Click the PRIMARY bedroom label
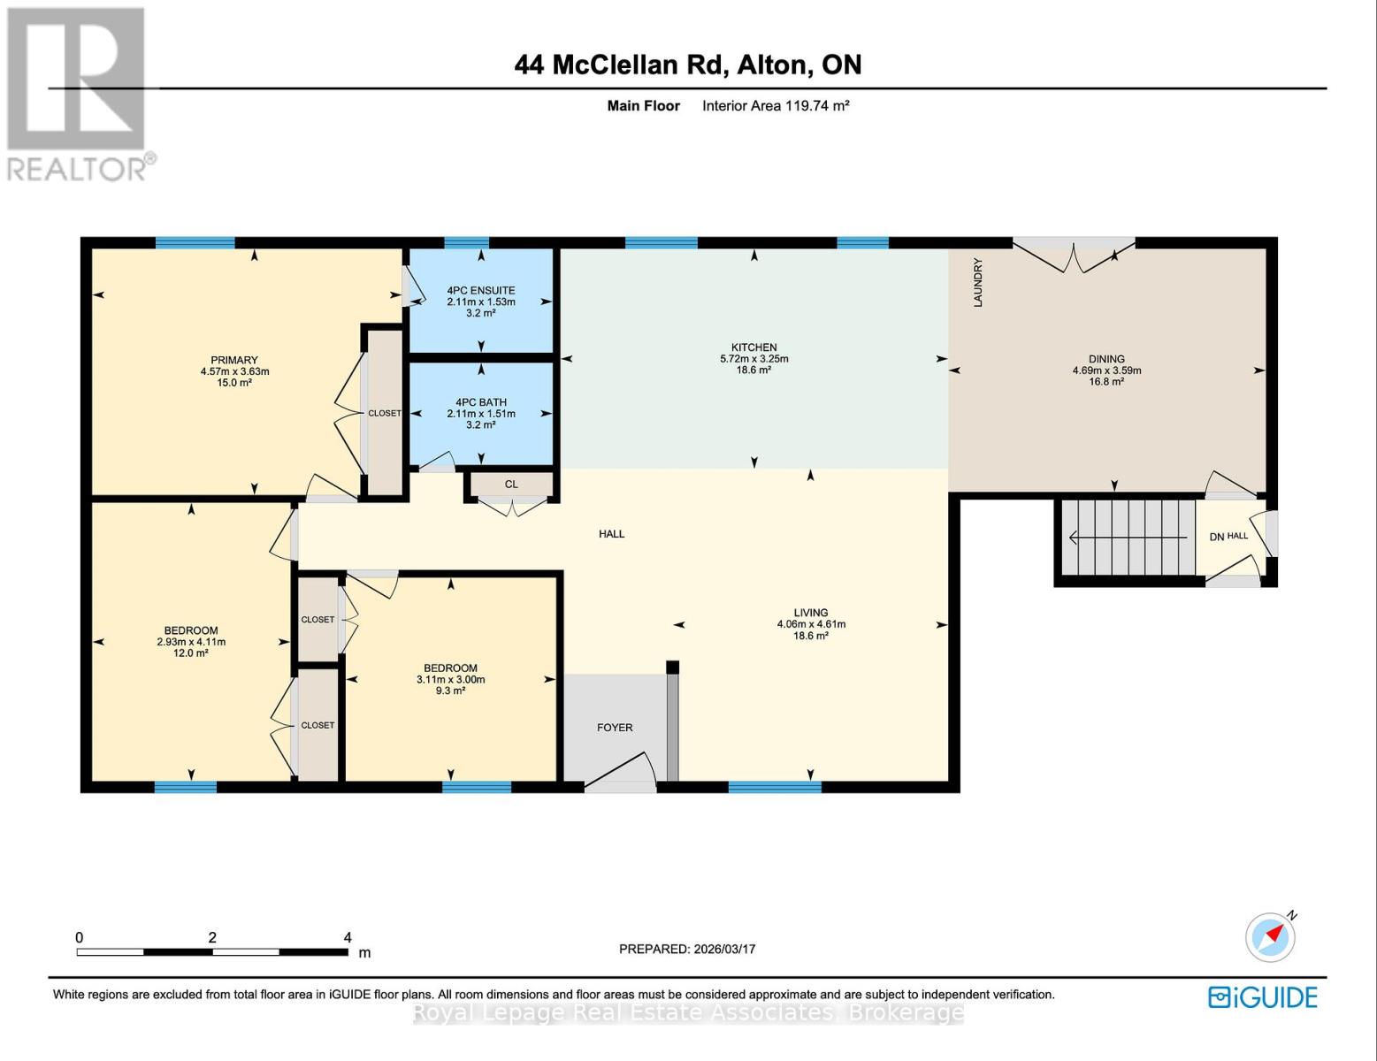click(x=234, y=360)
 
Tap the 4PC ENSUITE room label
click(x=480, y=290)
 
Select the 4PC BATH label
click(x=480, y=402)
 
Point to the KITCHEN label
click(x=754, y=347)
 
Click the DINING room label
click(x=1106, y=359)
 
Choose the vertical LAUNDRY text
click(x=978, y=283)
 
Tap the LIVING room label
click(x=810, y=612)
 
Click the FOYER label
click(x=615, y=728)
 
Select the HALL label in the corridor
click(x=611, y=534)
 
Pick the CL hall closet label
click(x=511, y=485)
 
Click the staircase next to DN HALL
click(x=1128, y=538)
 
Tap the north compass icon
click(x=1271, y=936)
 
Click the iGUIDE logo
click(x=1263, y=997)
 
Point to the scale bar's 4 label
click(x=348, y=937)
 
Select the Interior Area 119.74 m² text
click(x=776, y=105)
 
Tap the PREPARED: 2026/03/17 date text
click(x=687, y=949)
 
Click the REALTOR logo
click(x=78, y=93)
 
